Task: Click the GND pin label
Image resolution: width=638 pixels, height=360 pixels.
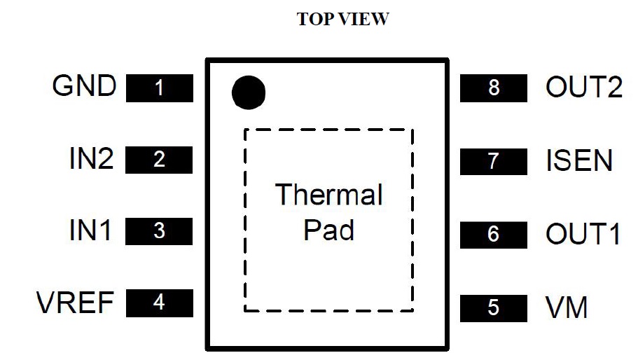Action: point(84,86)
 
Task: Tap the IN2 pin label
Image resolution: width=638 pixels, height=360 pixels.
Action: point(91,159)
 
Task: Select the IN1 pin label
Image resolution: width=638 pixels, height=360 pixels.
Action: point(90,230)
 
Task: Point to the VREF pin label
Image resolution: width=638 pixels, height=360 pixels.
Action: point(75,303)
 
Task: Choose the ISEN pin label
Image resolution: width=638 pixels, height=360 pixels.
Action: point(579,161)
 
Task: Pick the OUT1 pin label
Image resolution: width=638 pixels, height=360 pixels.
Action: point(583,234)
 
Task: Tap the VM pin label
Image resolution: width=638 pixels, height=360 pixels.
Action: point(567,307)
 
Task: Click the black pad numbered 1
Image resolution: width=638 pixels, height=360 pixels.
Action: point(160,88)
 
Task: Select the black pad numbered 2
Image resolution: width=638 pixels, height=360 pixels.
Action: point(159,160)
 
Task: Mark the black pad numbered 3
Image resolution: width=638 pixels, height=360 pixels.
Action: point(159,231)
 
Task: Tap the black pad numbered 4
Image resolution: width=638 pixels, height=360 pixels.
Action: point(159,303)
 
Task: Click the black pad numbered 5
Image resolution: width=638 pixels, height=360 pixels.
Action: point(494,307)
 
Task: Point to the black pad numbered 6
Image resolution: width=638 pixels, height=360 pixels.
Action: point(494,234)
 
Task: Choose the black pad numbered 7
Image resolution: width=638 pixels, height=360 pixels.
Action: point(494,161)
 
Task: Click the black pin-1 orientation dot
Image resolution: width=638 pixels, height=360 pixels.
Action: point(249,92)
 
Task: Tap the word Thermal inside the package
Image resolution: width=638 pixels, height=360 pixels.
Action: point(329,195)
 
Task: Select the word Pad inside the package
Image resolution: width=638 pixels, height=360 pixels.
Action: point(328,230)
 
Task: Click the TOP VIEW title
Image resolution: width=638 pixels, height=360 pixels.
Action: point(342,20)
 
